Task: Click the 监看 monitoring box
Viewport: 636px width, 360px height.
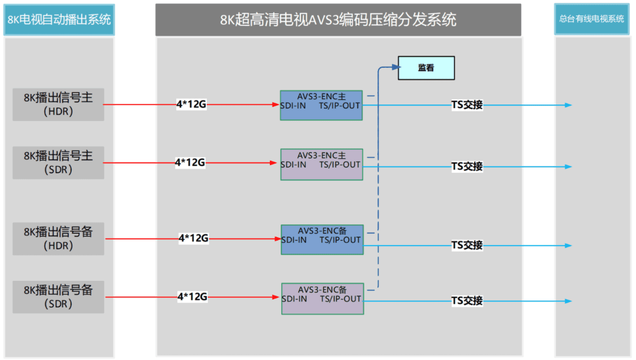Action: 426,68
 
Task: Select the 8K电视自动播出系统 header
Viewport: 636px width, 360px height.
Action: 59,20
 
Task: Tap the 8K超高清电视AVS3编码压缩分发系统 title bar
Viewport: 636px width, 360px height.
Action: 338,20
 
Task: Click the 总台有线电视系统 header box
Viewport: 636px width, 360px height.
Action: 592,19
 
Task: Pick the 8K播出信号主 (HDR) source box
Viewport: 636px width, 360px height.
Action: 58,104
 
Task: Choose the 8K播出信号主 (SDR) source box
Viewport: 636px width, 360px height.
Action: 58,163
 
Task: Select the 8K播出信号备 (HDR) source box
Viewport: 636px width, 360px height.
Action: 58,239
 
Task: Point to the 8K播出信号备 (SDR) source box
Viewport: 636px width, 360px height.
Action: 58,297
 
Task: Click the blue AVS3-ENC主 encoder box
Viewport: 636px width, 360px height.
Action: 321,106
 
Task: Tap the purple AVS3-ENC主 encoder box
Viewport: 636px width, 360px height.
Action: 321,164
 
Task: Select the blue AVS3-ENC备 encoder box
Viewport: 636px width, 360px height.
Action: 322,239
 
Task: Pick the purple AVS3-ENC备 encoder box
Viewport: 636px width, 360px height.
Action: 322,298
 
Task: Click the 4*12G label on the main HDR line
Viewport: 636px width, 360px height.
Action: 191,105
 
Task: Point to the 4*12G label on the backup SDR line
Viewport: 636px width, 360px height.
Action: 192,297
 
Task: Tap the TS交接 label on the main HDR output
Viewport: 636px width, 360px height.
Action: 467,105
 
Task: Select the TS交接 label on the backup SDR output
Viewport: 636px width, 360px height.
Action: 467,301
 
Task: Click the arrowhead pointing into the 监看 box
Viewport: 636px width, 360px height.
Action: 395,67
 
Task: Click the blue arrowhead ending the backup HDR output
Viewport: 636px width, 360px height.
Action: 568,245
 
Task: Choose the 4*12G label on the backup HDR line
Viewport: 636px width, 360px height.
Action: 193,238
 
